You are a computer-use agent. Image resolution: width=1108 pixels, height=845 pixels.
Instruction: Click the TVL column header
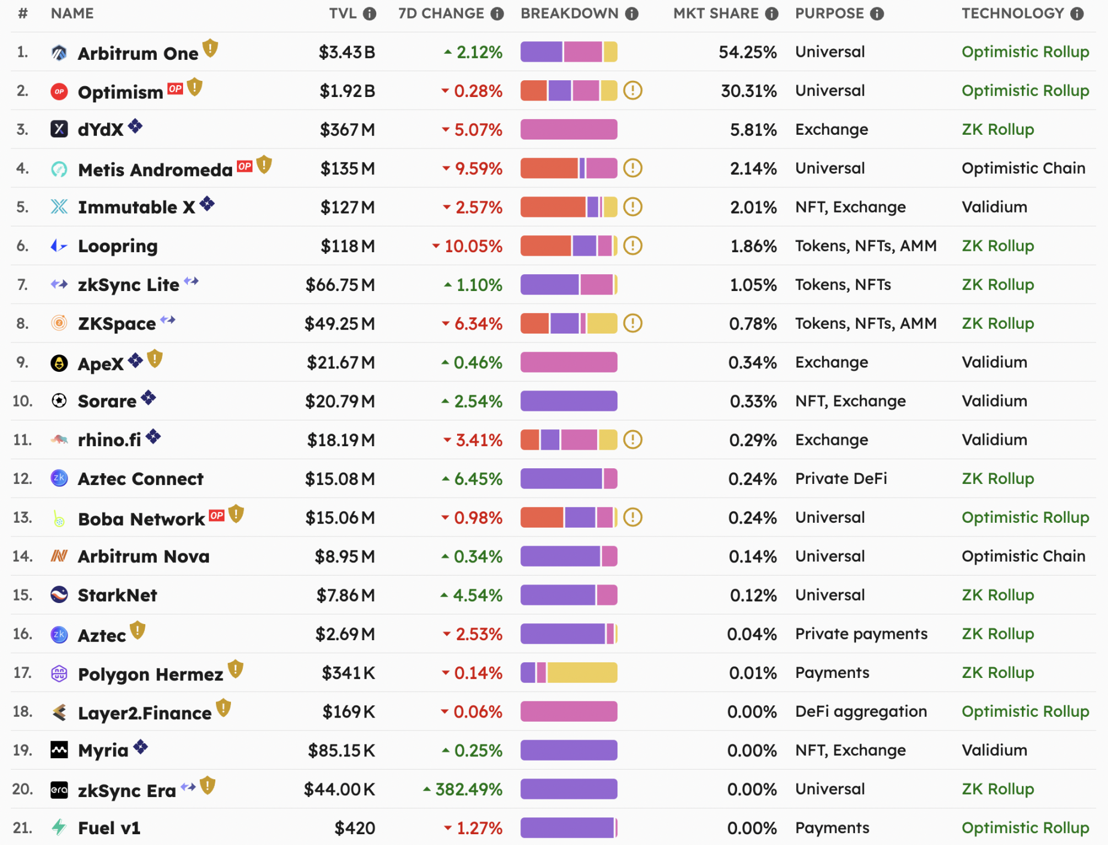[x=343, y=13]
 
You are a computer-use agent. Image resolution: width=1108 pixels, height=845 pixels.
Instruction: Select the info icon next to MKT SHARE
[x=772, y=14]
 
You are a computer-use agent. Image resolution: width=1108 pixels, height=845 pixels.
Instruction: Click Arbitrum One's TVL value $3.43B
[x=346, y=52]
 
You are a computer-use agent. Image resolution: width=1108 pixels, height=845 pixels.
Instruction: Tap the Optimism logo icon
[x=59, y=92]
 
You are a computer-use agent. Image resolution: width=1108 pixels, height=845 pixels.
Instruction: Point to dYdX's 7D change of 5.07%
[x=477, y=130]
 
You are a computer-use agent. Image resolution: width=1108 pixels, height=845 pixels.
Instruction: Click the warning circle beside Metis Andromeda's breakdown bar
[x=632, y=168]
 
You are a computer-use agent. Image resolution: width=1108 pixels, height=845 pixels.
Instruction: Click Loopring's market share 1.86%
[x=753, y=246]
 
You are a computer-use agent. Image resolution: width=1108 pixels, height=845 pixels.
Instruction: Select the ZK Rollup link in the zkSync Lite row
[x=997, y=284]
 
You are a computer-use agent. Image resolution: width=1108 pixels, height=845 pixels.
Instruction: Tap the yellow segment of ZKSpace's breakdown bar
[x=601, y=323]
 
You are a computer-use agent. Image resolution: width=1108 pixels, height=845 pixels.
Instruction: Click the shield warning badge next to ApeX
[x=155, y=359]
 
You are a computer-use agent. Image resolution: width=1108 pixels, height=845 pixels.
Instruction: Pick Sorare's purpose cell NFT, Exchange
[x=850, y=401]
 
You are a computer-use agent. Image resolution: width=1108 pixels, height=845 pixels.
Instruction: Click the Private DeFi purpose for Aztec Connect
[x=841, y=478]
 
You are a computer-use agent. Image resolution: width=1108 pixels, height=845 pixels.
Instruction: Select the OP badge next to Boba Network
[x=217, y=515]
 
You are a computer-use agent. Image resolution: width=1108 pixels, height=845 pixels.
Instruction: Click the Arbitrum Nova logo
[x=59, y=556]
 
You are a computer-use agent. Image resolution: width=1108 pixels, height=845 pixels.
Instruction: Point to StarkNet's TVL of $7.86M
[x=345, y=595]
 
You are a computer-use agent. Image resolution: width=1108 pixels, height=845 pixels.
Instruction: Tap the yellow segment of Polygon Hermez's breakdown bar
[x=582, y=673]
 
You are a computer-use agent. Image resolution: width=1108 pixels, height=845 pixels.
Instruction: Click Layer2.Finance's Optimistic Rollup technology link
[x=1025, y=711]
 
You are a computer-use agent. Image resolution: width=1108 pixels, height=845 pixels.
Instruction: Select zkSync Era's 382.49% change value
[x=468, y=789]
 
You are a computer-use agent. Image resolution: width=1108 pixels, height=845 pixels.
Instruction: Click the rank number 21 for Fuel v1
[x=22, y=828]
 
